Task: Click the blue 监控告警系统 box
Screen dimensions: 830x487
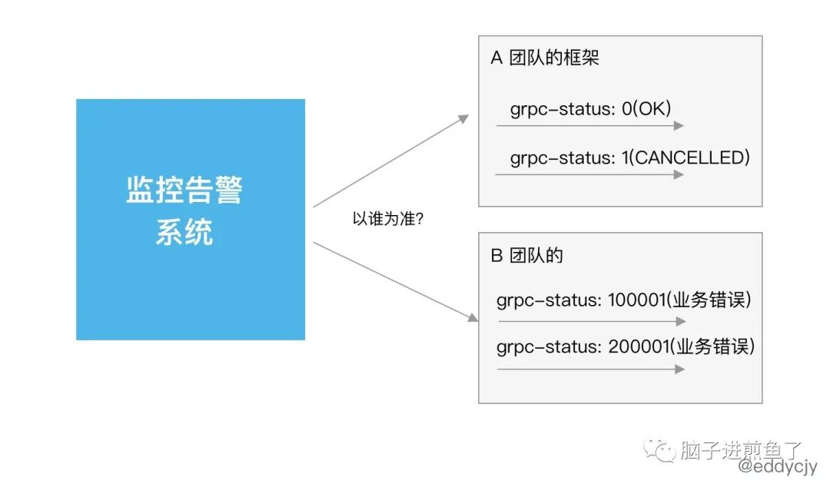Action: [191, 219]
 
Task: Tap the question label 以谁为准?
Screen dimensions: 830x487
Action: [388, 219]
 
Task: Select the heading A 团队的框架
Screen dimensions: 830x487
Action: [545, 57]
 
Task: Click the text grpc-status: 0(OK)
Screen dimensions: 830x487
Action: [590, 108]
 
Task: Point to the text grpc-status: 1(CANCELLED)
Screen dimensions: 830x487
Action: [630, 157]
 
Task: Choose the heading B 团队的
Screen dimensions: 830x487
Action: [526, 255]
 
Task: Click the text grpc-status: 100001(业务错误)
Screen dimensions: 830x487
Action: [623, 300]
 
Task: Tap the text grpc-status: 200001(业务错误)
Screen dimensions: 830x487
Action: [626, 346]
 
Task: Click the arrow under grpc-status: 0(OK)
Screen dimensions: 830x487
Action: [589, 125]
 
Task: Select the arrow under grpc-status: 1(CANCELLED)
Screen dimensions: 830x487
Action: [589, 174]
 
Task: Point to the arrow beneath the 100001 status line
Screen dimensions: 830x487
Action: [592, 321]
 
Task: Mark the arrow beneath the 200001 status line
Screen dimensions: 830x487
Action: [591, 369]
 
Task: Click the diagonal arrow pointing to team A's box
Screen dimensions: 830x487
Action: [390, 161]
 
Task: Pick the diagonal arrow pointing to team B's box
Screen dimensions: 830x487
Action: [396, 282]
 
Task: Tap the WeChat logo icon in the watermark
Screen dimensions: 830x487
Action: [659, 450]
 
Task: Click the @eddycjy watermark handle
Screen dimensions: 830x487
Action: [777, 466]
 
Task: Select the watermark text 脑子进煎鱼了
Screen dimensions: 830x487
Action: [741, 449]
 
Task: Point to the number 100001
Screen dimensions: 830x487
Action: [637, 300]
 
